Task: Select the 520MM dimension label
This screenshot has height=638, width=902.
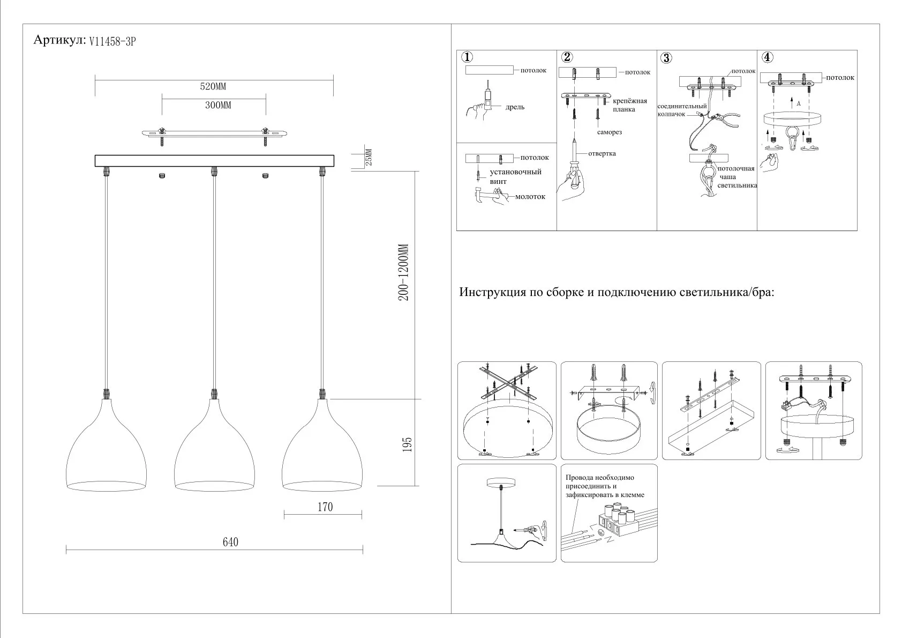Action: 213,86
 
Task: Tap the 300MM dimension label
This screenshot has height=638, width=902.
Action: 218,105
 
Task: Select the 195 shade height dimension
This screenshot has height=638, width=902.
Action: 407,444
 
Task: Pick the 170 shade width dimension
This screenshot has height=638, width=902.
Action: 325,507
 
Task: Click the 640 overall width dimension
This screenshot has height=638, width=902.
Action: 230,542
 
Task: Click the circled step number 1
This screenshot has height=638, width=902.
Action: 467,57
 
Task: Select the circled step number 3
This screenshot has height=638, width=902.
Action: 666,58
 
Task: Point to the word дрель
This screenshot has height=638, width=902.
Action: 515,107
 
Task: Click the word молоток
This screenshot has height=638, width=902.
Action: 530,197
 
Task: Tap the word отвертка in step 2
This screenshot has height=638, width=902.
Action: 602,153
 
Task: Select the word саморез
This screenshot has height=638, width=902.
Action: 610,132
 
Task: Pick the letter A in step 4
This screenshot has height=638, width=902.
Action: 798,104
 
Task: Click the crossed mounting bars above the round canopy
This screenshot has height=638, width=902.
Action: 506,381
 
